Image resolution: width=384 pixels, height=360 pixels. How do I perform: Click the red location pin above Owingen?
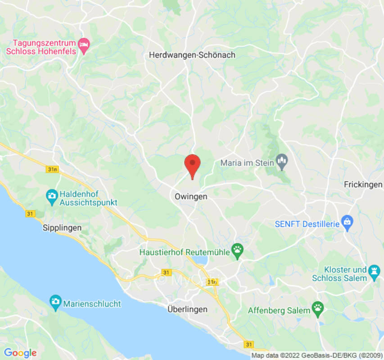[x=193, y=165]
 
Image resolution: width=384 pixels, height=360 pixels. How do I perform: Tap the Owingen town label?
[x=191, y=197]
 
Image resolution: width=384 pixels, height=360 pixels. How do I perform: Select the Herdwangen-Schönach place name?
[x=192, y=55]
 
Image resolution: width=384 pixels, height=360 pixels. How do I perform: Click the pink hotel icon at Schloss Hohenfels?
[x=84, y=45]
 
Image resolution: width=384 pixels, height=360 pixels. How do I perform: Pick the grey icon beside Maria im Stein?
[x=282, y=160]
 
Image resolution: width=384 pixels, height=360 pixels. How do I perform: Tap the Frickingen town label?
[x=363, y=184]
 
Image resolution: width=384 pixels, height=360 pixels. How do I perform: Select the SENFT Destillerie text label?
[x=307, y=224]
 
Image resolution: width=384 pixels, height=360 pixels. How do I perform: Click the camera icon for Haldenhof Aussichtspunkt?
[x=52, y=195]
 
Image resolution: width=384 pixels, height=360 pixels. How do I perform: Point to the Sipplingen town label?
[x=62, y=228]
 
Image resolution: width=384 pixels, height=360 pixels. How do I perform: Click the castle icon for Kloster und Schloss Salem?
[x=373, y=271]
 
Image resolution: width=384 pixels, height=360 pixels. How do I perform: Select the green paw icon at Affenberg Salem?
[x=318, y=308]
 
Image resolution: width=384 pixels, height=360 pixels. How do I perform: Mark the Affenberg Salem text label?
[x=279, y=310]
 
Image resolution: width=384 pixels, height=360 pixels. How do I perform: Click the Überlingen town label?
[x=187, y=309]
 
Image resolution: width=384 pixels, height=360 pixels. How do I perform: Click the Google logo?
[x=20, y=353]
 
